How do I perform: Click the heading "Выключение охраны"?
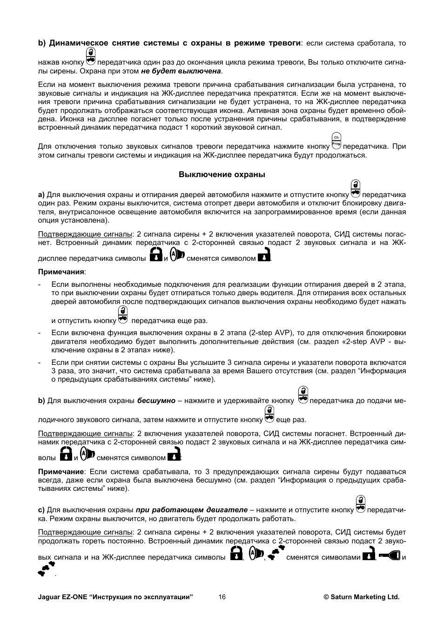[222, 175]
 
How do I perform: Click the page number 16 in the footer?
[222, 597]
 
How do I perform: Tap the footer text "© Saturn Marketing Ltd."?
[362, 597]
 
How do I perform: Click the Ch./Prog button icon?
[336, 141]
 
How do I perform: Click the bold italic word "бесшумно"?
[156, 401]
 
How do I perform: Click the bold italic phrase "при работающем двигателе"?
[191, 510]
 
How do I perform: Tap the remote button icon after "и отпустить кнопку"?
[123, 315]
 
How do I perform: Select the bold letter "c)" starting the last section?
[41, 510]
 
